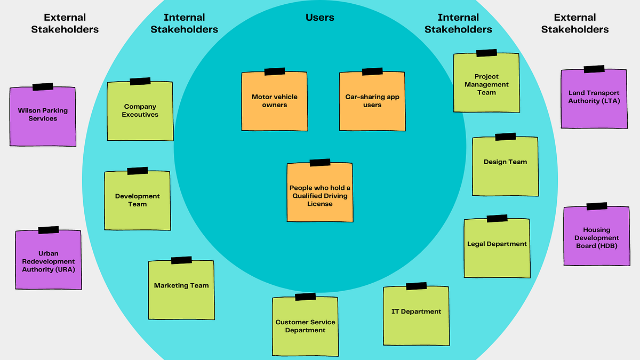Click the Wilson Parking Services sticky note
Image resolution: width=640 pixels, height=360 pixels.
coord(43,116)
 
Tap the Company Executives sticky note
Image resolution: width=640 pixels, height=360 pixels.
coord(140,111)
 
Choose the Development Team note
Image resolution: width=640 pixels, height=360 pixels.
coord(138,201)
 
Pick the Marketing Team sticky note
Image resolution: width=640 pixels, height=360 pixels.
coord(181,290)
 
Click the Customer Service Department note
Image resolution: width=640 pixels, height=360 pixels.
coord(305,326)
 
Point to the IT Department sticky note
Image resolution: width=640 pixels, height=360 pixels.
coord(416,315)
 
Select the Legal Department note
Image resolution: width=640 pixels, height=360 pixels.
coord(497,248)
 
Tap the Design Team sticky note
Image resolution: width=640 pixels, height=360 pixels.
coord(505,166)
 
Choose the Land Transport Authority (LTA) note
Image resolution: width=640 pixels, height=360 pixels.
coord(594,99)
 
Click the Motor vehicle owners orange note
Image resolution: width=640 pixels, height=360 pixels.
coord(275,101)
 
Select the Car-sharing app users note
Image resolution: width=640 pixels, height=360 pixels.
coord(372,101)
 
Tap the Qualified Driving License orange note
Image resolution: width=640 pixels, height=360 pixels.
coord(320,193)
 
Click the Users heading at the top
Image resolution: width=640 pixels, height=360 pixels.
coord(320,18)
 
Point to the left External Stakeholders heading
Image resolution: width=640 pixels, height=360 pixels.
coord(65,23)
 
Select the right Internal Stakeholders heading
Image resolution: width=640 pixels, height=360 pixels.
coord(458,23)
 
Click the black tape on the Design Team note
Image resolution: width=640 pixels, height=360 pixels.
coord(505,137)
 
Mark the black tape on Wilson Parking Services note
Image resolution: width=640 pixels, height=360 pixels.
coord(43,86)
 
